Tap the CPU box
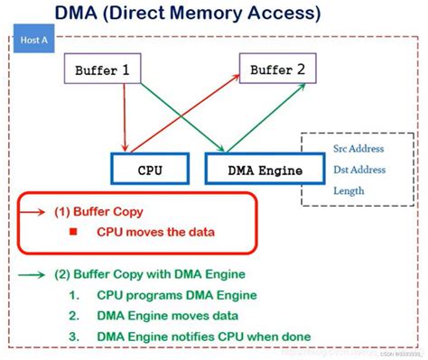click(x=149, y=169)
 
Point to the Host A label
click(x=34, y=42)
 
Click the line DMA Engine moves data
click(x=167, y=315)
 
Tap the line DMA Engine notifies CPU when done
click(x=203, y=336)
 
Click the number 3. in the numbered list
click(x=74, y=336)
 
